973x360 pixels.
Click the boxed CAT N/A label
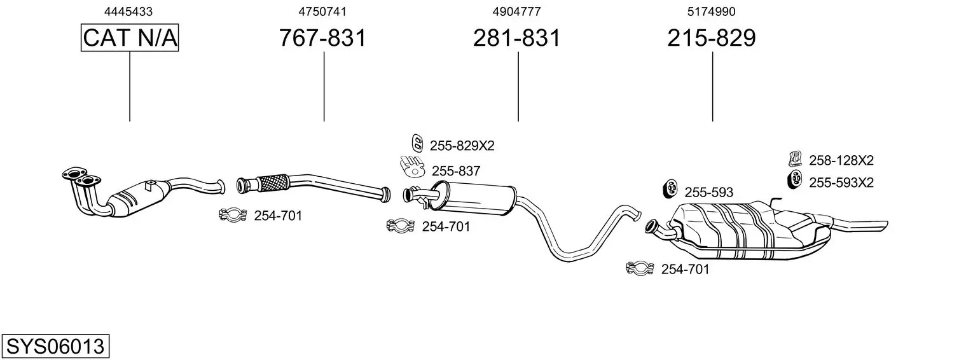pyautogui.click(x=130, y=38)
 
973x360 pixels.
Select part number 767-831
pyautogui.click(x=323, y=38)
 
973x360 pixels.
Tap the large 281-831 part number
pyautogui.click(x=517, y=38)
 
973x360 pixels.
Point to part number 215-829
pyautogui.click(x=712, y=38)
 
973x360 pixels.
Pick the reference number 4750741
pyautogui.click(x=322, y=11)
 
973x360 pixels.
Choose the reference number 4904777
pyautogui.click(x=517, y=11)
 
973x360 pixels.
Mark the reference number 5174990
pyautogui.click(x=712, y=11)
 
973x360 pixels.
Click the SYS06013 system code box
pyautogui.click(x=55, y=347)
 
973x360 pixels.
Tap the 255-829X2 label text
pyautogui.click(x=462, y=146)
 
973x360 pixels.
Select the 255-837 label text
pyautogui.click(x=456, y=170)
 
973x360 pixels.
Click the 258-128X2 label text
pyautogui.click(x=841, y=160)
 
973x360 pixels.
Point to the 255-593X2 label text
pyautogui.click(x=841, y=183)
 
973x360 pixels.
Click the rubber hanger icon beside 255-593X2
pyautogui.click(x=794, y=180)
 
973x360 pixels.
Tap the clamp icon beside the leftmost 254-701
pyautogui.click(x=232, y=216)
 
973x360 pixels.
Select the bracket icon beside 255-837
pyautogui.click(x=413, y=167)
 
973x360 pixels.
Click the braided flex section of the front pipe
pyautogui.click(x=272, y=182)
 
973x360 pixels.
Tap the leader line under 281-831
pyautogui.click(x=518, y=86)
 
